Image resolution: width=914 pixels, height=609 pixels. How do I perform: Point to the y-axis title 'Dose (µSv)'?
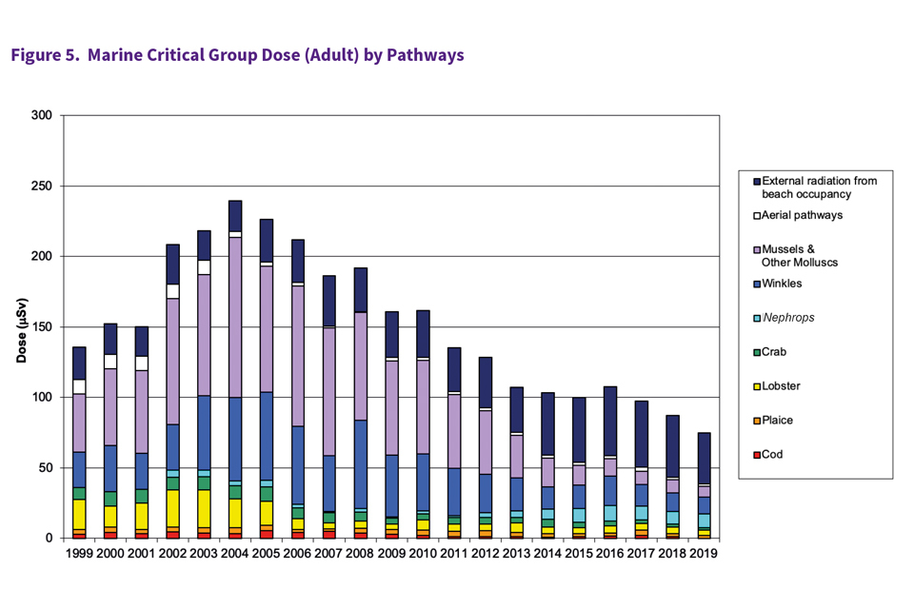(x=21, y=327)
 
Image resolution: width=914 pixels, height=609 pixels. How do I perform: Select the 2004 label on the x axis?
(x=235, y=553)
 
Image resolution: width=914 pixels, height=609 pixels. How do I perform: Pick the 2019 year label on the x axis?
(x=703, y=553)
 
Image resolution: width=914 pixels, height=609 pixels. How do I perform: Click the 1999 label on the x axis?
(x=79, y=553)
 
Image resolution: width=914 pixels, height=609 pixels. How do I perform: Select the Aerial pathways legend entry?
(x=802, y=215)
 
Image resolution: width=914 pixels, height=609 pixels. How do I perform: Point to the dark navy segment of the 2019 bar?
(x=703, y=458)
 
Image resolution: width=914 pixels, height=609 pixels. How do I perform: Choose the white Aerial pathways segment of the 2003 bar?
(x=204, y=267)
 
